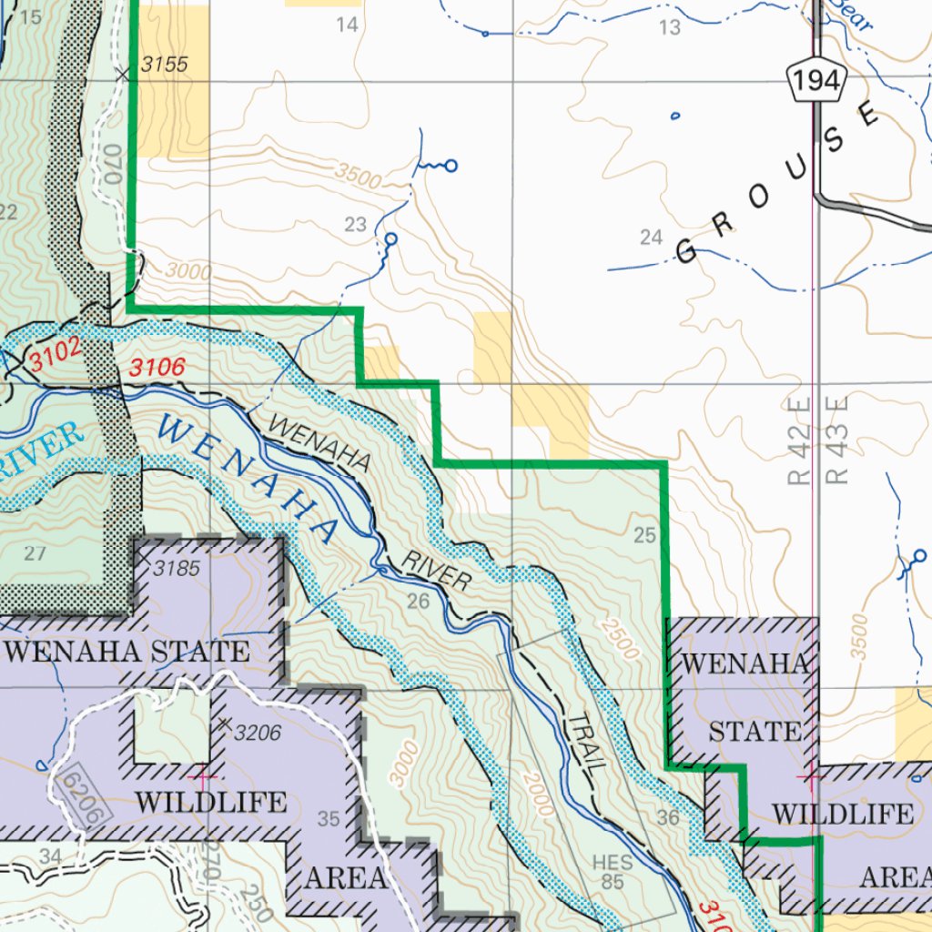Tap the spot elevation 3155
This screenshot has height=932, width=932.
[164, 65]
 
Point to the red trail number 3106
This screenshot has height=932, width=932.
[157, 368]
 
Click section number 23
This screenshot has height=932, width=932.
[355, 225]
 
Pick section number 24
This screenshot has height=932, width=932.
[651, 238]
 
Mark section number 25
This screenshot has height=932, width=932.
[644, 535]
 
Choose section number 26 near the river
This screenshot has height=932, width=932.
[418, 601]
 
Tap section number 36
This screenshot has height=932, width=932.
[668, 817]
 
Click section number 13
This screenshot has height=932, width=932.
[669, 28]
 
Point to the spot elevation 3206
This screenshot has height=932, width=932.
[258, 732]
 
